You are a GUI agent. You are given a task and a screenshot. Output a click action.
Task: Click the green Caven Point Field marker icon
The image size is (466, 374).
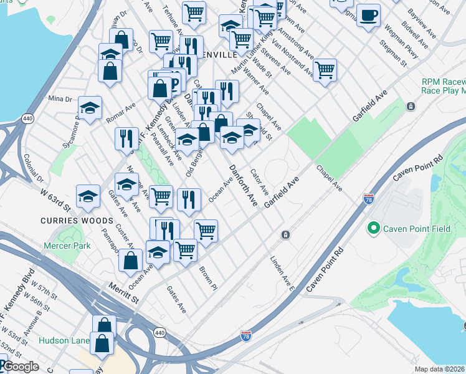pos(374,229)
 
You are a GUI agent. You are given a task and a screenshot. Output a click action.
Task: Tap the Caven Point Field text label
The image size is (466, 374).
pos(416,229)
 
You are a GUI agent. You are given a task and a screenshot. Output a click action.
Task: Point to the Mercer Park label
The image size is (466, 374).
pos(67,246)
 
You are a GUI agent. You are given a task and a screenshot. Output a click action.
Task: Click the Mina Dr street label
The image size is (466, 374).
pos(60,98)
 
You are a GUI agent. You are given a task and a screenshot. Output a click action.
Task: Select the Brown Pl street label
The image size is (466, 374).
pos(207,278)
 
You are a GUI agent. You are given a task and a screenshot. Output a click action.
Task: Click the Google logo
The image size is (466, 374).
pos(21,367)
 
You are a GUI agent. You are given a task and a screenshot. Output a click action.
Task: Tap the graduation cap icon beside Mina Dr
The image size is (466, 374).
pos(90,108)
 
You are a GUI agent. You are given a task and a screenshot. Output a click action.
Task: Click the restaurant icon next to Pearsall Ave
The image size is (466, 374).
pos(126,139)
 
